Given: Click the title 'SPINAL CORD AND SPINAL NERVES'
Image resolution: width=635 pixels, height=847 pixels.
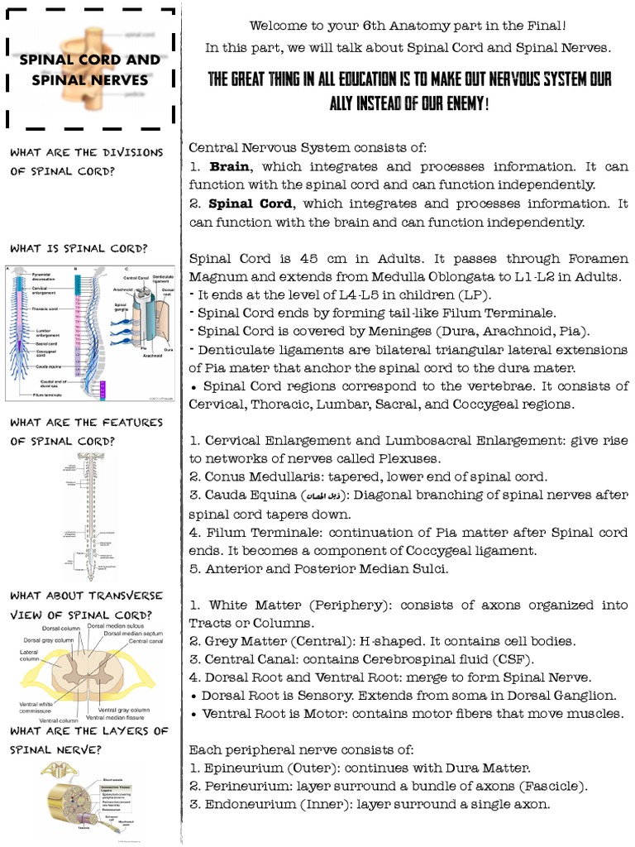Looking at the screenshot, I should [x=89, y=70].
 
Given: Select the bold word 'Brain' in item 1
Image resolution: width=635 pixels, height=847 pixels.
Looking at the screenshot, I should [x=227, y=166].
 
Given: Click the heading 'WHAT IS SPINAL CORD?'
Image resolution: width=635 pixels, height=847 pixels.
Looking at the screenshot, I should [x=79, y=248].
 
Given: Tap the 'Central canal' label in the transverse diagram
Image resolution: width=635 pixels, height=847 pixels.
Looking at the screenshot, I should [x=146, y=641].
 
